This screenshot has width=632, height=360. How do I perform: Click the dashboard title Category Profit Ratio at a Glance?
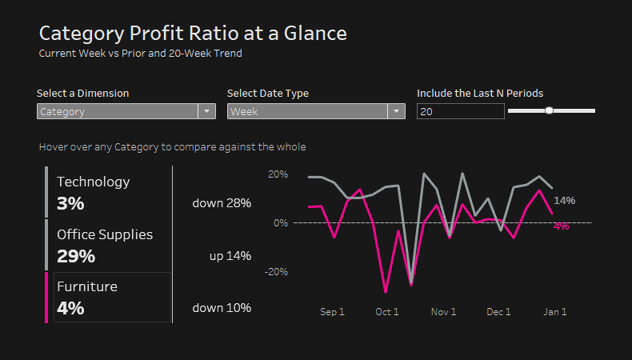[193, 34]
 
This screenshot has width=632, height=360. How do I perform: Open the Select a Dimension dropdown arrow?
[206, 112]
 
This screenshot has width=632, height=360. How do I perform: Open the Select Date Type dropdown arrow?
[397, 112]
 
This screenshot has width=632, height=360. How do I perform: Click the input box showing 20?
[460, 112]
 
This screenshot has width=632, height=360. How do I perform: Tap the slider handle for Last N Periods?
[549, 110]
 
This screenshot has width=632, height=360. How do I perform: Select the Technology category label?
[93, 182]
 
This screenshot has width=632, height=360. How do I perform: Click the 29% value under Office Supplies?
[76, 256]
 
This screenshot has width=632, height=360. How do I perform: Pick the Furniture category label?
[87, 286]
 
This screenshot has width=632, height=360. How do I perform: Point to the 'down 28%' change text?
[222, 203]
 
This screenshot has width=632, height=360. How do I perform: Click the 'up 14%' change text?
[230, 256]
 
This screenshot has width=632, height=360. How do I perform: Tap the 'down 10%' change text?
[222, 308]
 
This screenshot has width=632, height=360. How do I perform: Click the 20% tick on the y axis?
[278, 174]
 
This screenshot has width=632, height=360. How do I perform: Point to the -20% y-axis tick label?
[276, 271]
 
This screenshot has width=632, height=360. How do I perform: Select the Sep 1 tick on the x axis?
[332, 312]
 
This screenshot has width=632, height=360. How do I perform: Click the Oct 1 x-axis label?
[387, 312]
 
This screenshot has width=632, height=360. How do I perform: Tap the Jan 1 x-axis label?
[555, 312]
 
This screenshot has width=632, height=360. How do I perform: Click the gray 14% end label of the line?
[565, 200]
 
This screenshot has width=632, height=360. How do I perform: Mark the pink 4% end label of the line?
[562, 226]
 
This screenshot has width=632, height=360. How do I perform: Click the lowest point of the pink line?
[386, 292]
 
